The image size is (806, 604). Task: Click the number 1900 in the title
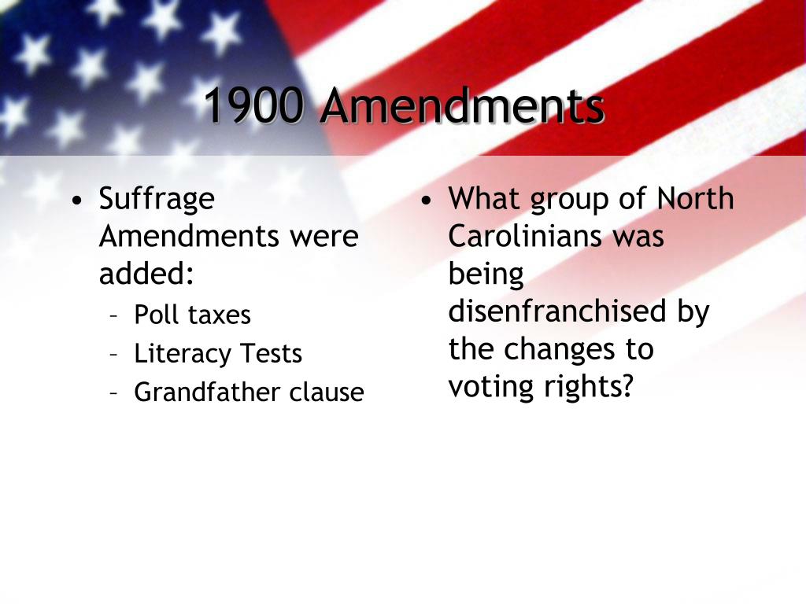click(x=253, y=105)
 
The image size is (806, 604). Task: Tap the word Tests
click(x=271, y=354)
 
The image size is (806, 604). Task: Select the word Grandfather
click(x=207, y=392)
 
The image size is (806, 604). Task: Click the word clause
click(x=327, y=392)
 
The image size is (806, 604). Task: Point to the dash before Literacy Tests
click(x=115, y=354)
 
